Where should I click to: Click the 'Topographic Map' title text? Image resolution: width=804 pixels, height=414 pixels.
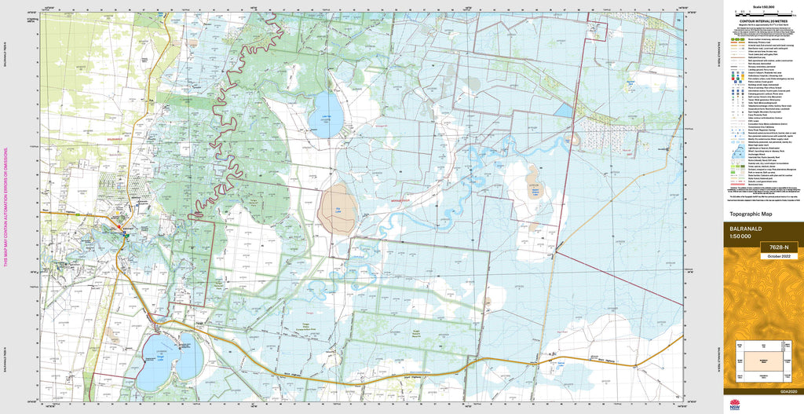[x=751, y=214]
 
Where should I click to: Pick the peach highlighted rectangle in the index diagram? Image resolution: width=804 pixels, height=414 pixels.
[x=762, y=356]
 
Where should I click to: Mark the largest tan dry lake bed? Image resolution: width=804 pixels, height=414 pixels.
[x=338, y=211]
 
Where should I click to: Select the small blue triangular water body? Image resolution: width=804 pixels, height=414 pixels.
[x=563, y=111]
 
